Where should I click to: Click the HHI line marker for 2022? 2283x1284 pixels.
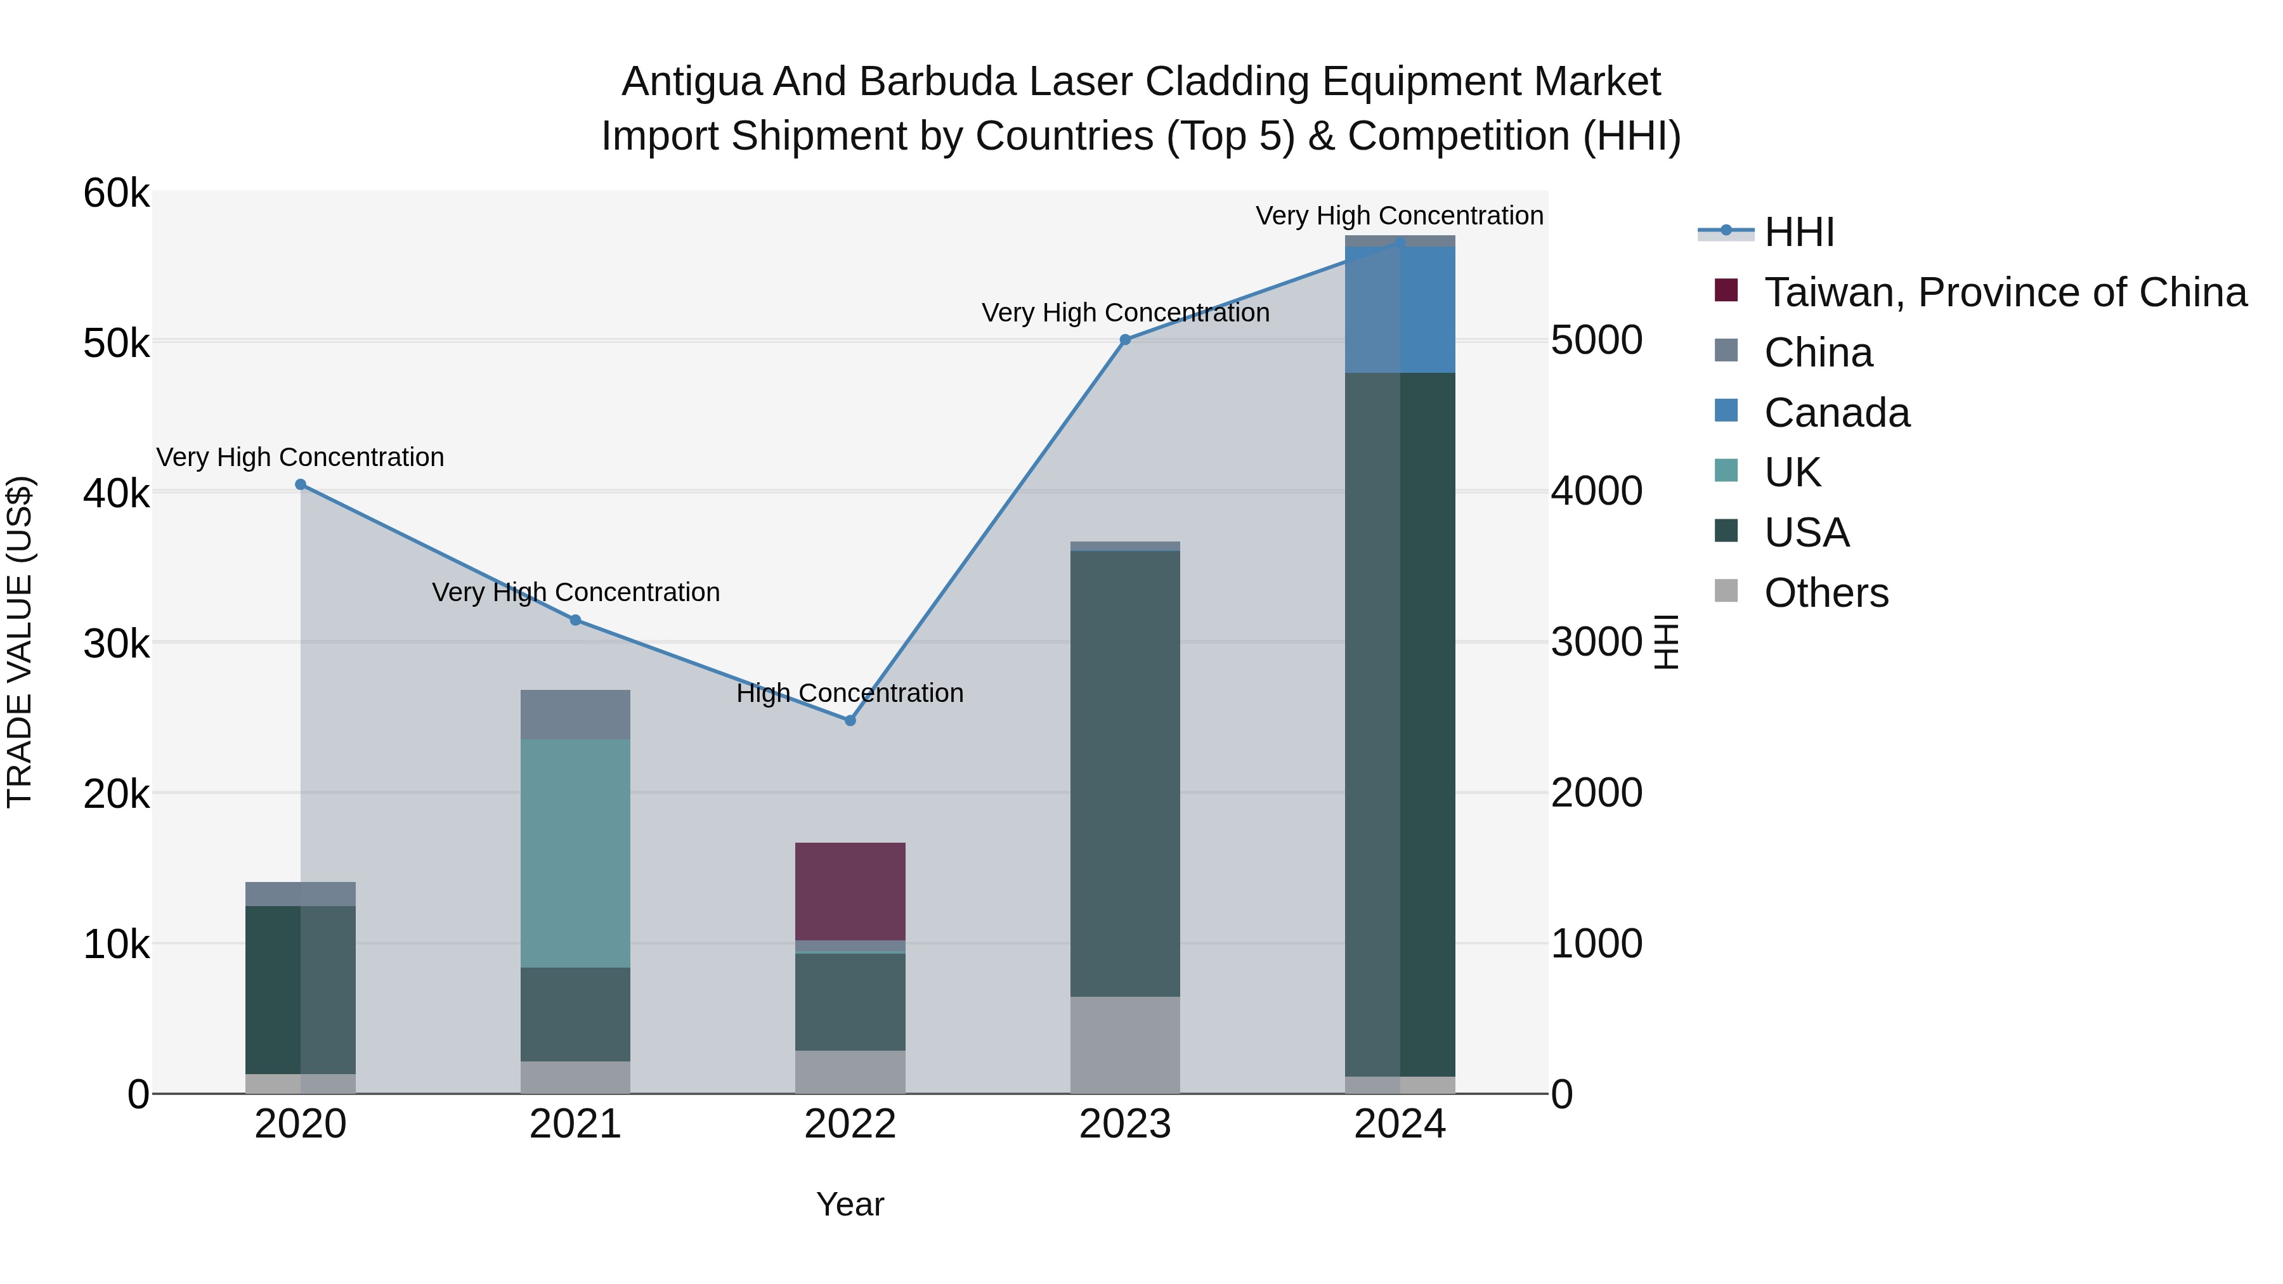[850, 720]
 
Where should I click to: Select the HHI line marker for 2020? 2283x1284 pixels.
[301, 484]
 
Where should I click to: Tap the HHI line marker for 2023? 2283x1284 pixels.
[1124, 339]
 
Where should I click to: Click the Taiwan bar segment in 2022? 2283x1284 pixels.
[850, 891]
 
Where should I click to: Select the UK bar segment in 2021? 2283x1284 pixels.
[575, 852]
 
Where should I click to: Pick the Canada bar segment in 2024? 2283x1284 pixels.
[1400, 309]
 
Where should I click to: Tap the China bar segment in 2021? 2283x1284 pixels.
[575, 714]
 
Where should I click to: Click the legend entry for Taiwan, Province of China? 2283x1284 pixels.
[2005, 292]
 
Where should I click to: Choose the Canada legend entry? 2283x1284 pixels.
[1837, 413]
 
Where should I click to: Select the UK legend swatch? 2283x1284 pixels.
[1726, 470]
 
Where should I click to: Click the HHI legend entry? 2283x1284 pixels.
[1798, 232]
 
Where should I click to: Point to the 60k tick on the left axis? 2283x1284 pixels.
[116, 193]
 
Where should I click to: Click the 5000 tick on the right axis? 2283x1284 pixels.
[1596, 340]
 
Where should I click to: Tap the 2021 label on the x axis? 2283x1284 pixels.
[575, 1124]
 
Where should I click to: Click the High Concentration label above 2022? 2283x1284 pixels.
[850, 693]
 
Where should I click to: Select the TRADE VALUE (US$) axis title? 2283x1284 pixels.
[20, 642]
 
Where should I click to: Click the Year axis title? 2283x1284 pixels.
[850, 1204]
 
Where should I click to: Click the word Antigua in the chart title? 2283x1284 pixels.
[691, 82]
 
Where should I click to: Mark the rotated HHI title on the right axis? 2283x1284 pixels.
[1666, 642]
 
